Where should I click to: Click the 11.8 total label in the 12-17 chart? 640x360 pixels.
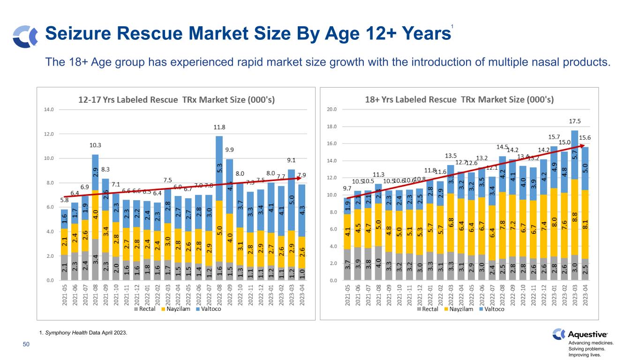coord(219,127)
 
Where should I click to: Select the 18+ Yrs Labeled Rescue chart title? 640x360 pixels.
coord(459,99)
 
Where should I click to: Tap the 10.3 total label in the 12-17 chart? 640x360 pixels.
coord(95,145)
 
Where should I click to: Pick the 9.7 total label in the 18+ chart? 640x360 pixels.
coord(347,188)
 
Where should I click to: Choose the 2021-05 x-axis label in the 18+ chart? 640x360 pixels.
coord(347,295)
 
